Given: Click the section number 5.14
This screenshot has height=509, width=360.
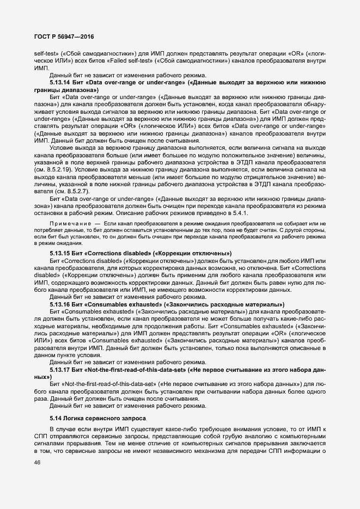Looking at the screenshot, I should pos(56,418).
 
